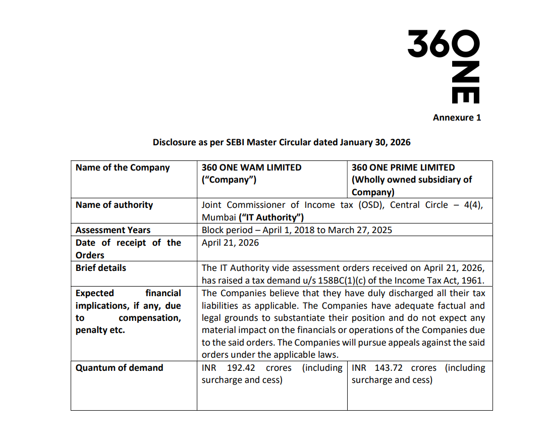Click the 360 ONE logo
click(x=444, y=66)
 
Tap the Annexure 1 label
click(x=457, y=118)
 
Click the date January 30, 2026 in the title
click(x=375, y=142)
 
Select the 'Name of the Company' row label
click(x=123, y=167)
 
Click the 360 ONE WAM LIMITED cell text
click(x=251, y=167)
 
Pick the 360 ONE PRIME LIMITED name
click(x=403, y=167)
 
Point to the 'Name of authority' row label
click(x=114, y=205)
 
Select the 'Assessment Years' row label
click(x=113, y=230)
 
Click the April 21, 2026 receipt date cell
click(x=230, y=243)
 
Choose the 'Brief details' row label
click(x=101, y=268)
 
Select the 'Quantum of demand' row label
click(x=120, y=368)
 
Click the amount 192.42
click(x=241, y=368)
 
